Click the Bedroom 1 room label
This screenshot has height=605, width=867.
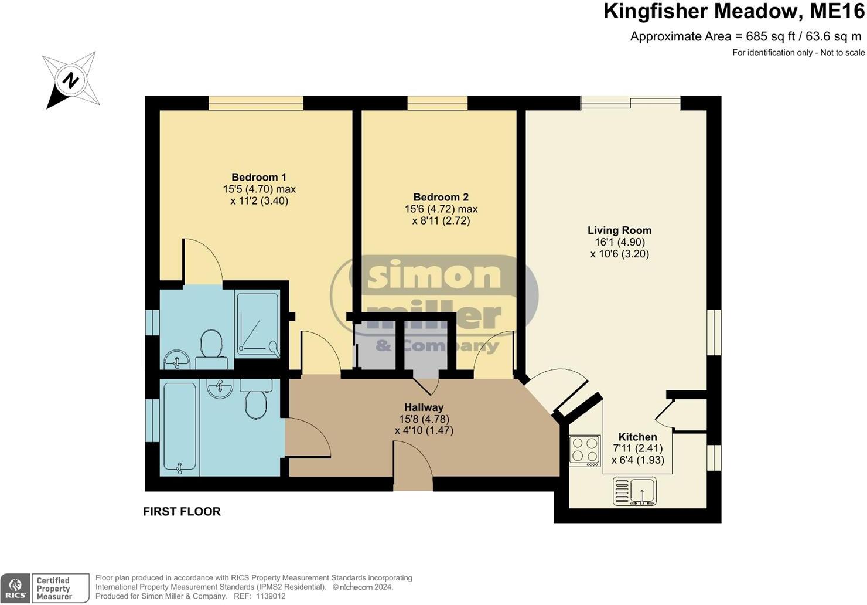coord(259,177)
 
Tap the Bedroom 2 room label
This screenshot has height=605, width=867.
coord(441,197)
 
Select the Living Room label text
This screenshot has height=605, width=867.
coord(619,230)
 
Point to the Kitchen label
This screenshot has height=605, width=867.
coord(637,437)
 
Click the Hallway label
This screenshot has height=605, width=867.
coord(424,407)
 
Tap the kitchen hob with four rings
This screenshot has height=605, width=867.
coord(585,450)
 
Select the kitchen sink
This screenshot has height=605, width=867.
coord(634,491)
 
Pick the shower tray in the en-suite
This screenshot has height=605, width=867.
coord(258,325)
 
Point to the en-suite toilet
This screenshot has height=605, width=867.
coord(210,346)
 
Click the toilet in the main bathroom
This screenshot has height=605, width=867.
coord(256,399)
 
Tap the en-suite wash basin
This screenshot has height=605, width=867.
coord(176,359)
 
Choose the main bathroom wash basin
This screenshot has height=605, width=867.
coord(220,388)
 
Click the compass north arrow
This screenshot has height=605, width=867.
coord(70,81)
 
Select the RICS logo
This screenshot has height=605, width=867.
coord(15,588)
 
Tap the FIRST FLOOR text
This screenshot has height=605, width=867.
coord(182,511)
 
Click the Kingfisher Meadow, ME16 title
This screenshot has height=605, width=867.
coord(733,12)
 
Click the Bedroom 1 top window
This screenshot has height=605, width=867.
coord(256,103)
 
